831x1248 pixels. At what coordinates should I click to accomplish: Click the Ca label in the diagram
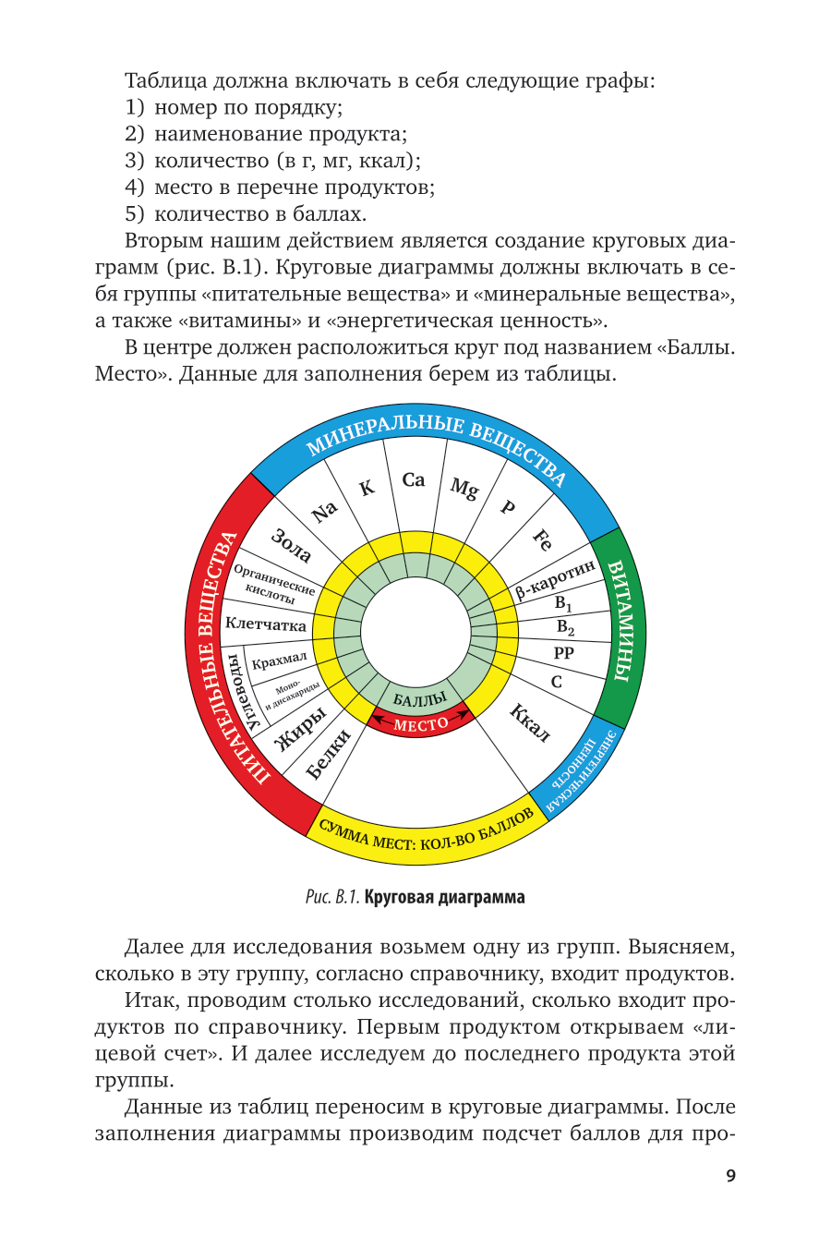(x=414, y=479)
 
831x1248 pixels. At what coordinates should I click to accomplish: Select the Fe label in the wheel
(x=544, y=540)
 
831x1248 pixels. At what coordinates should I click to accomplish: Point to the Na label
(x=325, y=511)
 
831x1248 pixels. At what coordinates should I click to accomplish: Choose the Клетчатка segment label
(x=266, y=625)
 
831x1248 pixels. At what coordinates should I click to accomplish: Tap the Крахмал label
(x=279, y=660)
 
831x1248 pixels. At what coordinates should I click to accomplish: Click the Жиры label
(x=301, y=730)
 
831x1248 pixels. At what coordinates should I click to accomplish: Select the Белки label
(x=329, y=753)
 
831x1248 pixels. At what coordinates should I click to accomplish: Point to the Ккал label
(x=530, y=722)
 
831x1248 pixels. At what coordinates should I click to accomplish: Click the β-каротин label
(x=555, y=579)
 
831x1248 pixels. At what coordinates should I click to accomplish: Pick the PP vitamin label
(x=563, y=652)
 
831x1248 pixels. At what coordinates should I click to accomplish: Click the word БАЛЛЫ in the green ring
(x=419, y=700)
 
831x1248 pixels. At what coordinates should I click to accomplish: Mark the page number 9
(x=730, y=1176)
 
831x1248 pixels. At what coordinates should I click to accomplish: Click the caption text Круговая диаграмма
(x=444, y=897)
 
